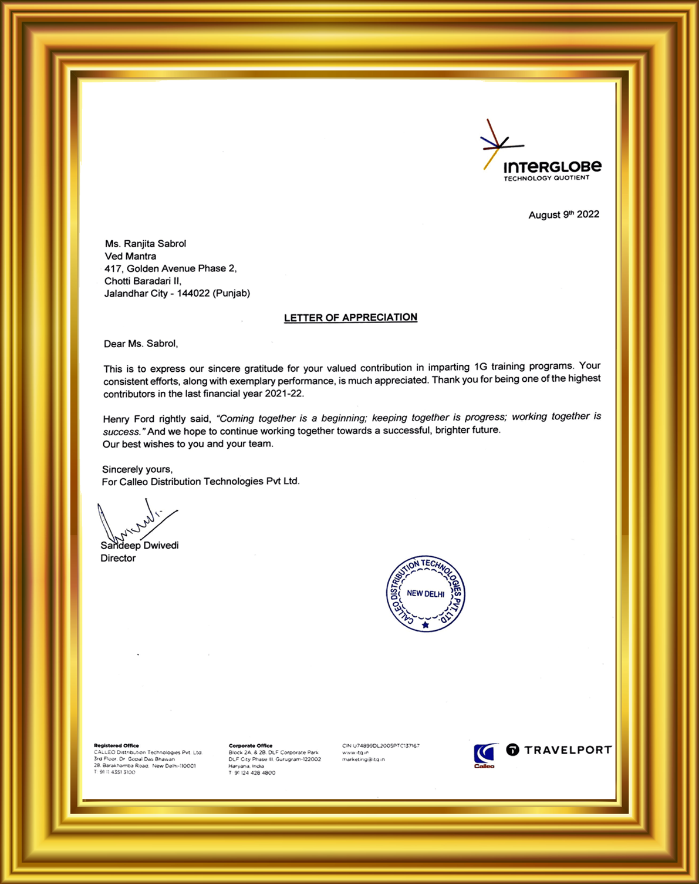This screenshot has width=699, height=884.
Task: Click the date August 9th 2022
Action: (563, 214)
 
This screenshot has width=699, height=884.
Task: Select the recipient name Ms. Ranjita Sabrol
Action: (146, 244)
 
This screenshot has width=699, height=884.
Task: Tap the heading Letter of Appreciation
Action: (350, 318)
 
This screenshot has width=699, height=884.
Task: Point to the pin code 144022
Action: (193, 293)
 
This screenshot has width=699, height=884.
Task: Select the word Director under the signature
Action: (118, 558)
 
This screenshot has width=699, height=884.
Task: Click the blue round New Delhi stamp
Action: (426, 593)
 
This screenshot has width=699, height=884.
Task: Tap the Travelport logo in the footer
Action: (559, 749)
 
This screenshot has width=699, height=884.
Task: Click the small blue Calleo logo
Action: (485, 755)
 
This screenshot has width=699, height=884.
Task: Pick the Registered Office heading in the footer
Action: (116, 745)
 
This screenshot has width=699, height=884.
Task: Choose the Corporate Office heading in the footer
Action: (251, 745)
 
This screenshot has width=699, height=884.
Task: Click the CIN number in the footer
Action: (381, 745)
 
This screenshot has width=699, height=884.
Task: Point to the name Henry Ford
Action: (129, 419)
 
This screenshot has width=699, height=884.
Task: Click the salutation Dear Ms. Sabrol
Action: (141, 344)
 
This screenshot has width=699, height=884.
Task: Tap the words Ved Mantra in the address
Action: (130, 256)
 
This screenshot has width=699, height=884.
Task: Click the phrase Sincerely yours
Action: (137, 469)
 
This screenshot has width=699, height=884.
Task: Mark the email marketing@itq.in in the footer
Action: (363, 759)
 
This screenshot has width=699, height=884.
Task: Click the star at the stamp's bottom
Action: (426, 625)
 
